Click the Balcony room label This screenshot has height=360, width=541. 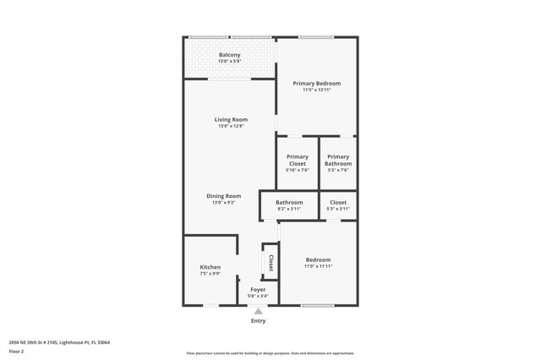click(230, 55)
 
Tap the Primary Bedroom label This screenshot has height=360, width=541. click(317, 83)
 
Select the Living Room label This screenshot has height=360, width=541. click(230, 120)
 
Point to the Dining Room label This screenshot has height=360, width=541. click(224, 196)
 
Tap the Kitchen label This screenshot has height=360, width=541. click(210, 267)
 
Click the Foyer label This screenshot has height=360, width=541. click(257, 290)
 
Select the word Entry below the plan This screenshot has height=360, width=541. click(258, 321)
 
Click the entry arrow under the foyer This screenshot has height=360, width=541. click(258, 311)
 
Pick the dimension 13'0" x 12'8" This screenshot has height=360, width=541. click(230, 126)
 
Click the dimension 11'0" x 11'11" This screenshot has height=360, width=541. click(318, 266)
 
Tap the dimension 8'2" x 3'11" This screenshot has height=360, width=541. click(289, 209)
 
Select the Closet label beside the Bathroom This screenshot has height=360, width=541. click(338, 203)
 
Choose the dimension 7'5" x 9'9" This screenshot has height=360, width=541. click(210, 273)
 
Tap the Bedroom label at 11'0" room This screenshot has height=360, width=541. click(318, 259)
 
